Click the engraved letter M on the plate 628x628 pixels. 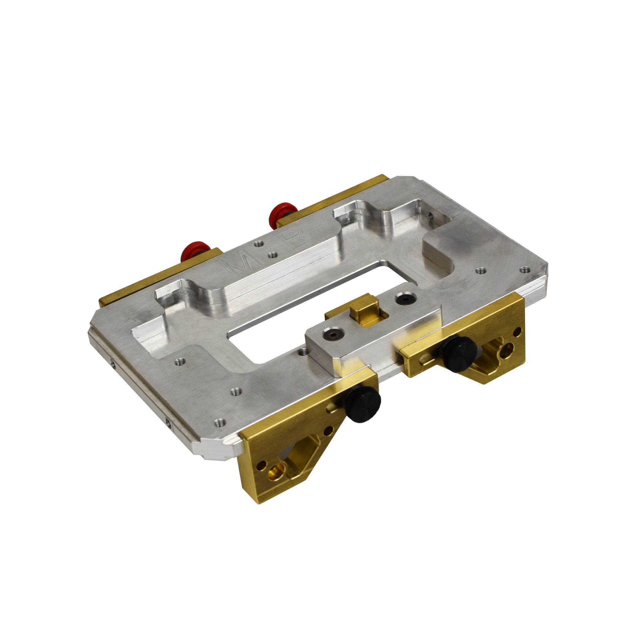pyautogui.click(x=239, y=264)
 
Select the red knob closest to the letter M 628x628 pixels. pyautogui.click(x=194, y=251)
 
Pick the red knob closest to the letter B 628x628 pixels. pyautogui.click(x=282, y=215)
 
